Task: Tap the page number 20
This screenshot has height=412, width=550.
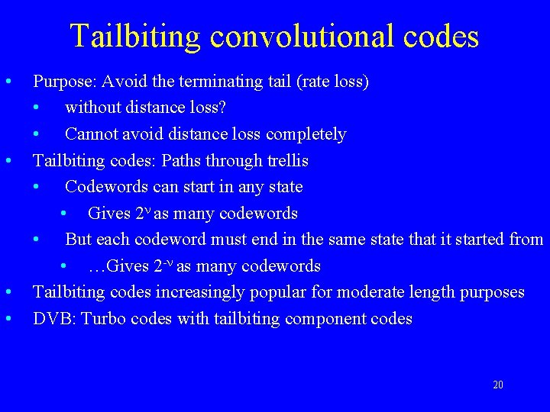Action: click(x=498, y=385)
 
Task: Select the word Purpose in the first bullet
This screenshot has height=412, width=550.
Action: click(x=64, y=82)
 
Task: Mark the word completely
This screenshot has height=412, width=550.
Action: click(x=306, y=135)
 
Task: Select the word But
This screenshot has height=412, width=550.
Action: click(x=78, y=240)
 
